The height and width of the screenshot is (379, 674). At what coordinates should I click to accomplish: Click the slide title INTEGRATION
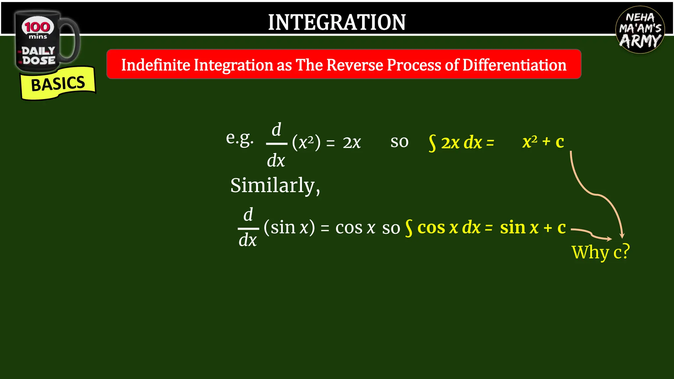337,22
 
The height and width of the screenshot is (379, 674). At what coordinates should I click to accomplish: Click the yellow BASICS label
58,84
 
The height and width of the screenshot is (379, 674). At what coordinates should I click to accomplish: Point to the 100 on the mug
38,27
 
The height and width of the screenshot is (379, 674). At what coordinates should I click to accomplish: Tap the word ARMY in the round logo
640,41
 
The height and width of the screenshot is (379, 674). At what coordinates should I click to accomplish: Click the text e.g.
240,138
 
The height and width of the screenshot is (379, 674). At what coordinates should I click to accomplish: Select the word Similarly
275,185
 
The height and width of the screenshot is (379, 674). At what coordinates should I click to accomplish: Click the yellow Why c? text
601,252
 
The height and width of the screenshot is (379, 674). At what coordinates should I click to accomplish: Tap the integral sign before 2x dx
432,143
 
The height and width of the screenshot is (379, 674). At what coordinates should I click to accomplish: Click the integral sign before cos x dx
409,228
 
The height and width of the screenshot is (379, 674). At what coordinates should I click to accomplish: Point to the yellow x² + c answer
543,142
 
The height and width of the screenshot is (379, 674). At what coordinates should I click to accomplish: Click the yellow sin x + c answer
532,227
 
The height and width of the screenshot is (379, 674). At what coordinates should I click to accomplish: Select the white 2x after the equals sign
352,143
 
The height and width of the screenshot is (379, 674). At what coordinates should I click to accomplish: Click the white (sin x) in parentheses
289,227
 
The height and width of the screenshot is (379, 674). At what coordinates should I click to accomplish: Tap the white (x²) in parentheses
306,143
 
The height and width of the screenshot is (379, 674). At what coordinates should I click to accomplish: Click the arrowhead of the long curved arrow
622,235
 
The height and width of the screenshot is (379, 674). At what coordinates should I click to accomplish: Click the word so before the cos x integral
391,228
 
